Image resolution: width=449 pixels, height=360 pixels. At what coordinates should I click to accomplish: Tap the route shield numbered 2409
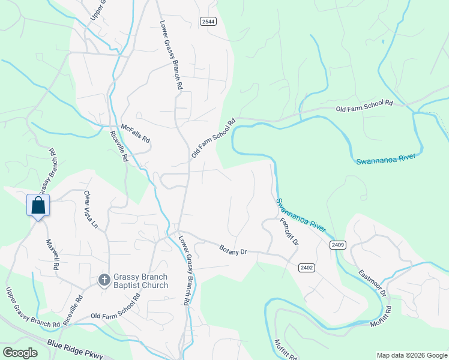(x=337, y=244)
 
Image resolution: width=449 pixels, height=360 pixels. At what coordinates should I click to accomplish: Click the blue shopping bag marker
(x=38, y=205)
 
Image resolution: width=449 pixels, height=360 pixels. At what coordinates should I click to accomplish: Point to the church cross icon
(x=103, y=280)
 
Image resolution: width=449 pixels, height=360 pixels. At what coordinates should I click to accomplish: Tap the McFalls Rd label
(x=135, y=133)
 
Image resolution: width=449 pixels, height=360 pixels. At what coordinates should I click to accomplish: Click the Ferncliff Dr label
(x=289, y=230)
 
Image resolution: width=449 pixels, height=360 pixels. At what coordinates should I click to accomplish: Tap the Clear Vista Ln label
(x=91, y=210)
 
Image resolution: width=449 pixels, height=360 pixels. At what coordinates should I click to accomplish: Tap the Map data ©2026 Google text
(x=412, y=355)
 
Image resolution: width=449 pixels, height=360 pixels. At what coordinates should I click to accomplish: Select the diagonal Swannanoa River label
(x=301, y=215)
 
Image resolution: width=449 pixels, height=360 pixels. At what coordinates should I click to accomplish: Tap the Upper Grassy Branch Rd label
(x=32, y=308)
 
